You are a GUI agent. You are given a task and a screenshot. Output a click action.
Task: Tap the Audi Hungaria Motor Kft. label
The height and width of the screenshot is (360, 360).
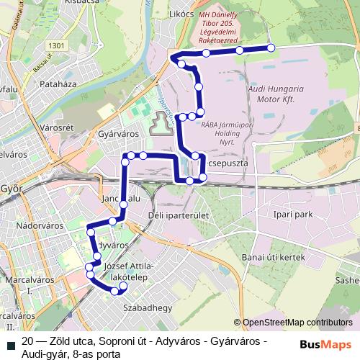tap(275, 93)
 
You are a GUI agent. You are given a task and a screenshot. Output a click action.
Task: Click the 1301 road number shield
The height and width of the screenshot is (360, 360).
tap(60, 45)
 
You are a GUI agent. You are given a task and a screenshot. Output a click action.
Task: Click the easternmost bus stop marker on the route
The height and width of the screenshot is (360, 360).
tap(271, 48)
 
